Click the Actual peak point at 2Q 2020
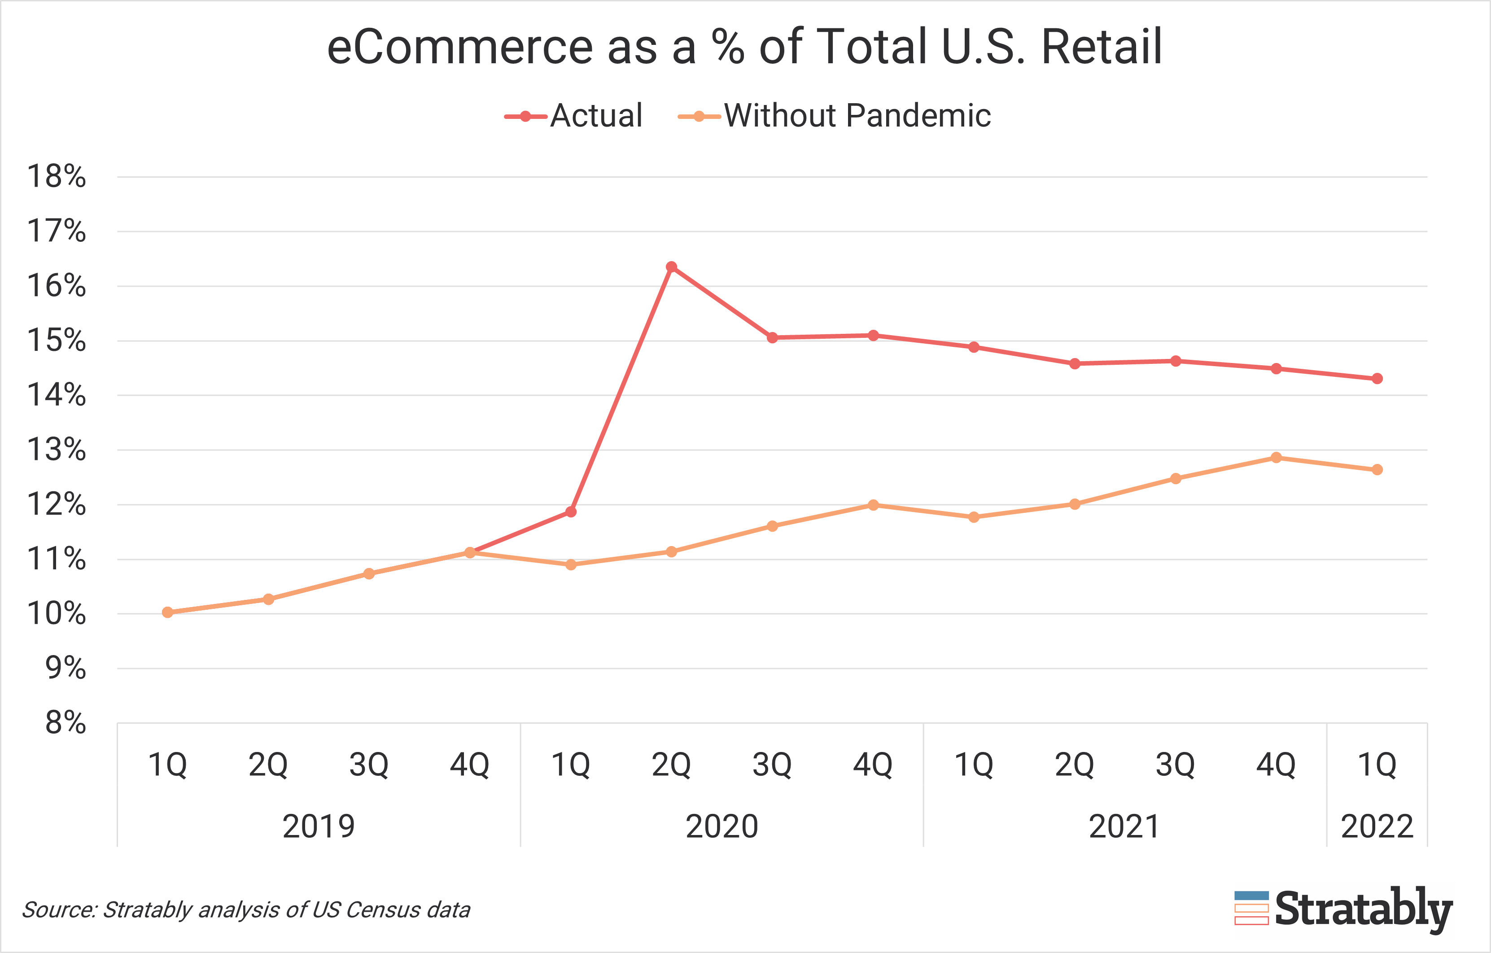[x=671, y=267]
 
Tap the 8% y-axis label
[x=65, y=723]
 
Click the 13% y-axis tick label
[x=57, y=450]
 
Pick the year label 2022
[x=1377, y=826]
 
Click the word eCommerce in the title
[x=459, y=47]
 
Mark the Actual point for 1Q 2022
[x=1377, y=378]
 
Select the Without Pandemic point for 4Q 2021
[x=1276, y=458]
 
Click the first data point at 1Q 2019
[x=167, y=612]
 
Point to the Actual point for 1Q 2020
[x=571, y=511]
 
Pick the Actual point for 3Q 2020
[x=772, y=337]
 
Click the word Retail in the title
[x=1102, y=47]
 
